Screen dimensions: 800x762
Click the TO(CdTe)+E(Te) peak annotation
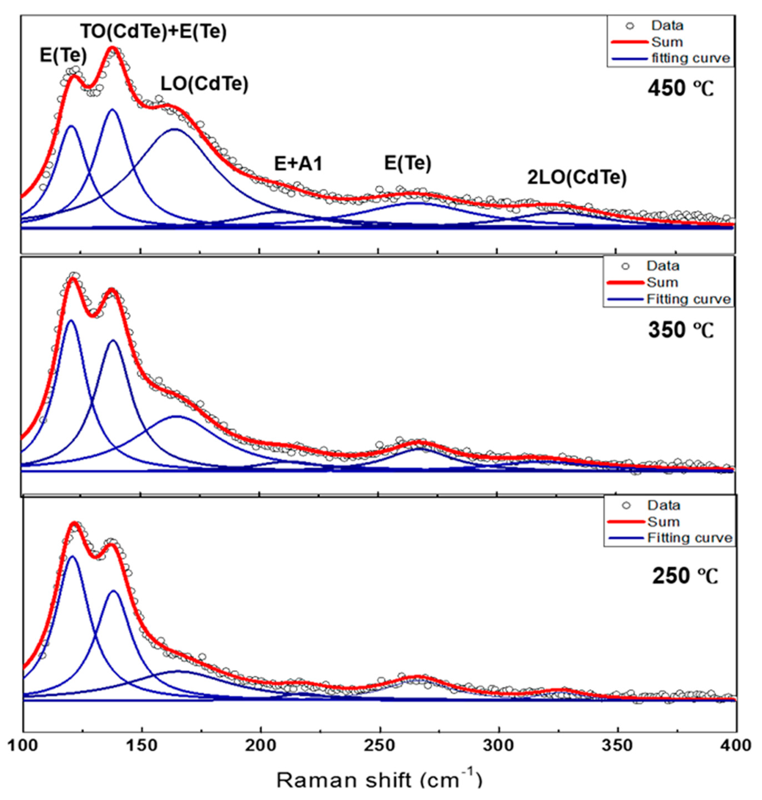pos(154,32)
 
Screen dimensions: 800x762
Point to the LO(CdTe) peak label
pos(204,84)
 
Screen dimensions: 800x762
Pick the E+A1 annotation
pos(299,164)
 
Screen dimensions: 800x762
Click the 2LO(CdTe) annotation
pos(577,177)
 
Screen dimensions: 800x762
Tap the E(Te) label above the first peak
pos(63,55)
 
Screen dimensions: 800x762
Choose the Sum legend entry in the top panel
pos(667,42)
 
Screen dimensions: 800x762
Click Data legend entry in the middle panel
pos(663,266)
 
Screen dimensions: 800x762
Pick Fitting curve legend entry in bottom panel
pos(690,538)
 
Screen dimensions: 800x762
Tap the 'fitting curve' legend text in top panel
pos(691,58)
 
